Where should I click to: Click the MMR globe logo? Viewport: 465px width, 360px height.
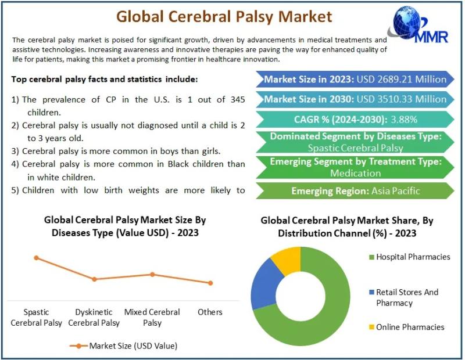[418, 26]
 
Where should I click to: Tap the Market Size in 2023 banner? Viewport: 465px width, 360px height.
[355, 79]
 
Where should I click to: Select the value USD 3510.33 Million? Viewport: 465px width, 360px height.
[402, 99]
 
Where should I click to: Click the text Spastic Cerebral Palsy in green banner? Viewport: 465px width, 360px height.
[355, 148]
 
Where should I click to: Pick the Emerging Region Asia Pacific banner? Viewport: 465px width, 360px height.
[355, 191]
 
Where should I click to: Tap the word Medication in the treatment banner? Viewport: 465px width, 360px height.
[355, 173]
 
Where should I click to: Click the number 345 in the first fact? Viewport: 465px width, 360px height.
[238, 99]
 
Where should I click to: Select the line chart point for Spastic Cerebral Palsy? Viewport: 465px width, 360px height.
[37, 258]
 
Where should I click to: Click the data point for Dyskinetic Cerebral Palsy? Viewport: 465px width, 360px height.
[94, 279]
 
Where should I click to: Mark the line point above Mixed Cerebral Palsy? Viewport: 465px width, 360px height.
[152, 275]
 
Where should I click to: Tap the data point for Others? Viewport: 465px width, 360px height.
[210, 283]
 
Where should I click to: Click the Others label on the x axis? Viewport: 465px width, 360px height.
[210, 312]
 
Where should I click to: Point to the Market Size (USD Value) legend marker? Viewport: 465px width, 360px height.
[78, 346]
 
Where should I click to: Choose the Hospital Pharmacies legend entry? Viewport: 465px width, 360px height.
[410, 257]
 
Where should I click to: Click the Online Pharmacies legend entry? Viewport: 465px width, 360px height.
[407, 327]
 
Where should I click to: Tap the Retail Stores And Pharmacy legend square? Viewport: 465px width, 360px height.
[371, 292]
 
